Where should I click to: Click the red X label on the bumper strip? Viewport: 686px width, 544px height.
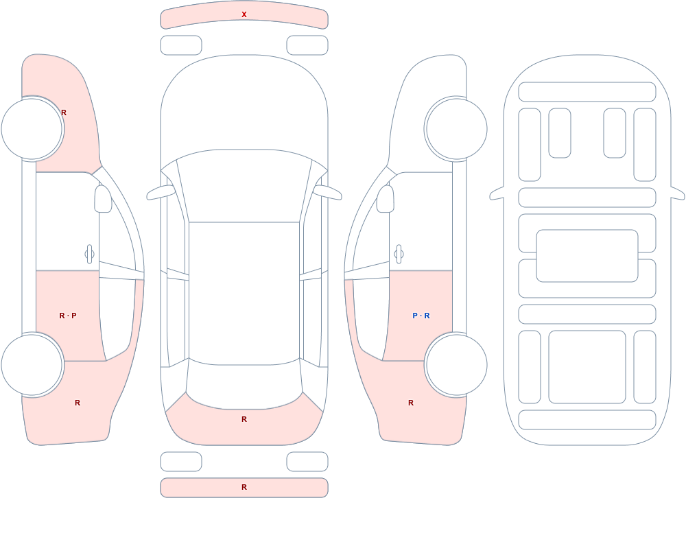(x=244, y=14)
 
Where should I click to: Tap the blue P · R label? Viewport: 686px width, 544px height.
(x=421, y=316)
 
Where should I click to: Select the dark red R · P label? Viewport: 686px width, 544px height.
(x=68, y=316)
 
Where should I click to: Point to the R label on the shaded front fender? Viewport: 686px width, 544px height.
(x=64, y=113)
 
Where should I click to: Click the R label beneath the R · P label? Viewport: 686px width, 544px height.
(x=78, y=403)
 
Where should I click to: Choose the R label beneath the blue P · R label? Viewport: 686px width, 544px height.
(x=411, y=403)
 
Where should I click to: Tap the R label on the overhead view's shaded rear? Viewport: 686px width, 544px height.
(x=244, y=419)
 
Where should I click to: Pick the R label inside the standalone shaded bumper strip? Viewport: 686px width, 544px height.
(x=244, y=487)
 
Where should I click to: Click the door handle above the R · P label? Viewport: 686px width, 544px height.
(x=89, y=255)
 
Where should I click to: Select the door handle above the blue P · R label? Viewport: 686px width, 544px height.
(x=399, y=255)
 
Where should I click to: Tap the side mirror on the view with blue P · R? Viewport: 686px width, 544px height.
(x=385, y=199)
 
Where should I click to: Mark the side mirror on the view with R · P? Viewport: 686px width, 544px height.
(x=103, y=199)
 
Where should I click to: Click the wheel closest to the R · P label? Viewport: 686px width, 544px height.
(x=32, y=364)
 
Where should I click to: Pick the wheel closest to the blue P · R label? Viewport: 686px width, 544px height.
(x=456, y=364)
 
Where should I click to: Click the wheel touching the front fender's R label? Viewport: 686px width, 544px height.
(x=32, y=129)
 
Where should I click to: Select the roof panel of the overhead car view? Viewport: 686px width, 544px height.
(x=244, y=292)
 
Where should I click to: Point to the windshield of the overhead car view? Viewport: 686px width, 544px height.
(x=244, y=186)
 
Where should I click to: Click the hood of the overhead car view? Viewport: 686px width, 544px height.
(x=244, y=105)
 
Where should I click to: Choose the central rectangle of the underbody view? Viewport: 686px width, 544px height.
(x=587, y=256)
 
